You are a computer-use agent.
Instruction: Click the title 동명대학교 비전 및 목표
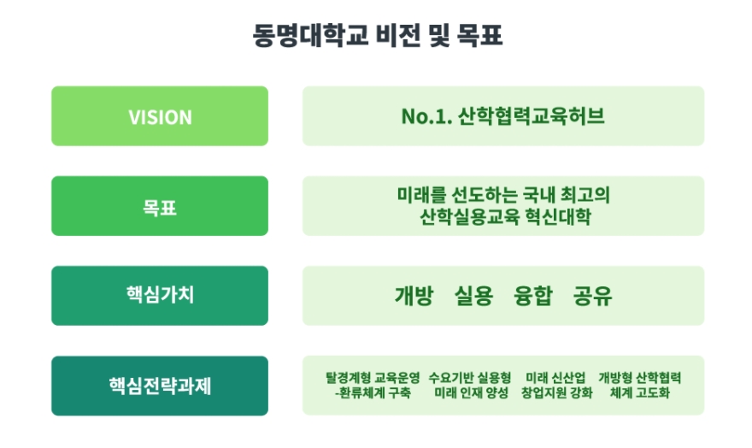coord(378,36)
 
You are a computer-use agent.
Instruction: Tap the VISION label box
coord(160,116)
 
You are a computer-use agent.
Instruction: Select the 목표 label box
coord(160,206)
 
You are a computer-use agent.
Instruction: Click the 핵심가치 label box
coord(160,296)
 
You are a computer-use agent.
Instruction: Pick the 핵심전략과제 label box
coord(160,386)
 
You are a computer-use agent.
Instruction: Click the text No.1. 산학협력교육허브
coord(502,116)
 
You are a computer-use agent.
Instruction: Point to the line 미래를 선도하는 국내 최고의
coord(503,195)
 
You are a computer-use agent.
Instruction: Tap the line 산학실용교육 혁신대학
coord(505,217)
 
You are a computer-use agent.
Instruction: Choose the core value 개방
coord(414,296)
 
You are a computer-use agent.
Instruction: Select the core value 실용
coord(473,296)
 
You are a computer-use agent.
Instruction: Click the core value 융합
coord(533,296)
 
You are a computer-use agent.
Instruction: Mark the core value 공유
coord(593,296)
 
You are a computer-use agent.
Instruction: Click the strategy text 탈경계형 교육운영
coord(373,378)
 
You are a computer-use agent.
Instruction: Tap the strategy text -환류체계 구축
coord(373,392)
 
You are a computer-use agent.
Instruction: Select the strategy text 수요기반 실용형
coord(470,378)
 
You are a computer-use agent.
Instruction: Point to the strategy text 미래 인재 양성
coord(471,392)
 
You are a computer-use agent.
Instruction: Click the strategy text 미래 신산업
coord(555,378)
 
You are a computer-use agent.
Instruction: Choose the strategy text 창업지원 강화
coord(557,392)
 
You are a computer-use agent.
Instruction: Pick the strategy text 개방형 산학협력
coord(640,378)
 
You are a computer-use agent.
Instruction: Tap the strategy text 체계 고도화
coord(640,392)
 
